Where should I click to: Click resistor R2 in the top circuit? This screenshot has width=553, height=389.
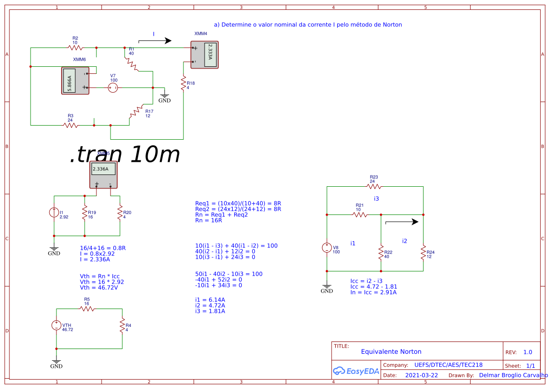tap(75, 48)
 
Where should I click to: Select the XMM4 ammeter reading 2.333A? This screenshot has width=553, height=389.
tap(205, 55)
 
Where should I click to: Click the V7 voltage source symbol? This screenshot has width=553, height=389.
tap(113, 87)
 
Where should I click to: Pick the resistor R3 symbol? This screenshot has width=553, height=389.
tap(71, 125)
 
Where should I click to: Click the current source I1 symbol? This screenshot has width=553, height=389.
tap(54, 213)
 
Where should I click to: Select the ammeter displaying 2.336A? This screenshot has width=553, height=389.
tap(103, 175)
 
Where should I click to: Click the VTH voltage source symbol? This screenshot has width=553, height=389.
tap(56, 325)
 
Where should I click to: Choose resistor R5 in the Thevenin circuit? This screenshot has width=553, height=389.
tap(87, 309)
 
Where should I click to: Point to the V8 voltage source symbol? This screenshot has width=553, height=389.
tap(327, 248)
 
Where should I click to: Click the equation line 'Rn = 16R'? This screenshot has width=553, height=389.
tap(209, 220)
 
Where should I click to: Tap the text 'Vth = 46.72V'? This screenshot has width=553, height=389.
tap(99, 287)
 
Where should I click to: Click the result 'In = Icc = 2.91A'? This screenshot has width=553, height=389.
tap(373, 292)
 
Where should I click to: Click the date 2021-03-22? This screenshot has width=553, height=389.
tap(421, 375)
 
